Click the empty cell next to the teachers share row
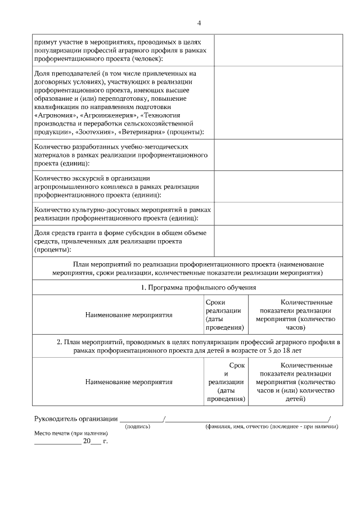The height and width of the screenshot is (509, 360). coord(280,102)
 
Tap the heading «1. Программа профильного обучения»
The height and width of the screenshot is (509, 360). coord(199,287)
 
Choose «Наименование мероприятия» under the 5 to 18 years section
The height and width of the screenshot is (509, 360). coord(129,382)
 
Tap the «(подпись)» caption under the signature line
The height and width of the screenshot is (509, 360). coord(137,427)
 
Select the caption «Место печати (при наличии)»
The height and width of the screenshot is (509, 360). coord(70,434)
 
